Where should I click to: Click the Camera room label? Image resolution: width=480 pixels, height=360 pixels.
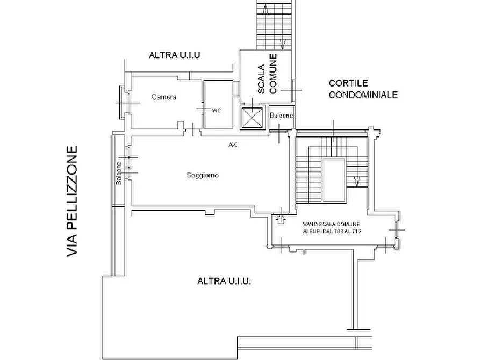click(x=164, y=97)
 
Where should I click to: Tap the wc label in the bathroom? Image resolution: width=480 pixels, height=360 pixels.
click(x=216, y=110)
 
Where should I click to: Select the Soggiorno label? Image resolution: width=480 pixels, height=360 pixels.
click(x=202, y=175)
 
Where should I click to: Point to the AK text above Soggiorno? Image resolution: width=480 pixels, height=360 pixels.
click(x=233, y=145)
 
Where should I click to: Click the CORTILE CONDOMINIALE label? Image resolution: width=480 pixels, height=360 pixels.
click(x=363, y=89)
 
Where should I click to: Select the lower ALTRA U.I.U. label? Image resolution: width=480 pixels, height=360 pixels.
click(x=224, y=280)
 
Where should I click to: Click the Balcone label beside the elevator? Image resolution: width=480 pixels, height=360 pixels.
click(x=281, y=116)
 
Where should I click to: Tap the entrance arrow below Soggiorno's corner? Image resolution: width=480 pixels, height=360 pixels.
click(x=280, y=219)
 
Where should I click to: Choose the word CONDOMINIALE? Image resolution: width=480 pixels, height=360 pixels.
click(x=363, y=95)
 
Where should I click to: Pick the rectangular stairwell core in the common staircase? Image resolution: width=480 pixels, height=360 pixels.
click(x=333, y=181)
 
